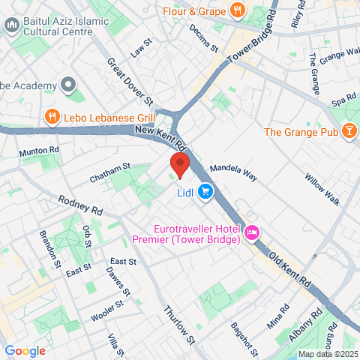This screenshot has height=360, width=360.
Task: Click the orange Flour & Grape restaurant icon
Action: coord(237,10)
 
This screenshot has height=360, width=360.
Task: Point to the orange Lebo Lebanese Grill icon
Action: coord(51,116)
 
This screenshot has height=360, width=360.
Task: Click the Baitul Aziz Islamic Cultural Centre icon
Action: coord(11,26)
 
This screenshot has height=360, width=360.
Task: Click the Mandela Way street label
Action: coord(232,172)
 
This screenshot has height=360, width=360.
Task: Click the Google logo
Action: coord(25,350)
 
